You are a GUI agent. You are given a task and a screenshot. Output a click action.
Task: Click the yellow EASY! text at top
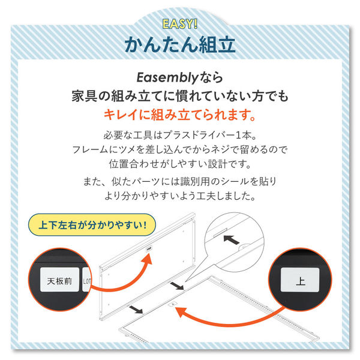tap(180, 24)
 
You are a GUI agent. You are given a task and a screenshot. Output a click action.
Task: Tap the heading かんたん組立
tap(180, 44)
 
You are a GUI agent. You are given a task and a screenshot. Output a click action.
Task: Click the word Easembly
tap(167, 77)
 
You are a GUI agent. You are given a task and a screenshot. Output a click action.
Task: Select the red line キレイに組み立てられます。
tap(180, 115)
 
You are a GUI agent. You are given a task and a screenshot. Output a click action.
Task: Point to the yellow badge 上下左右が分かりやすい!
tap(92, 225)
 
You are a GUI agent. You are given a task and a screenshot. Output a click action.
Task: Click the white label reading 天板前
tap(59, 280)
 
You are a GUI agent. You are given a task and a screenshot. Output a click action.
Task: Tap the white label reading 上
tap(300, 280)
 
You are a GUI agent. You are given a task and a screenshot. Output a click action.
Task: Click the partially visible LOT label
tap(87, 280)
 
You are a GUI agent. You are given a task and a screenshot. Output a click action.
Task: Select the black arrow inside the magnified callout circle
tap(232, 239)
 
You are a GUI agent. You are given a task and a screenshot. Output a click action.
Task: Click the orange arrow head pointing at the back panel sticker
tap(147, 259)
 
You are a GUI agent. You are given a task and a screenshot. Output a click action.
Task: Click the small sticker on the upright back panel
tap(149, 248)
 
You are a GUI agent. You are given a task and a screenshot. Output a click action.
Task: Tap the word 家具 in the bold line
tap(85, 96)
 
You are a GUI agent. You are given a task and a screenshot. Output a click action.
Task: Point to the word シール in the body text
tap(235, 182)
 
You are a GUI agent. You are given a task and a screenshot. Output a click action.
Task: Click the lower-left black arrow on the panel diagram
tap(136, 310)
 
